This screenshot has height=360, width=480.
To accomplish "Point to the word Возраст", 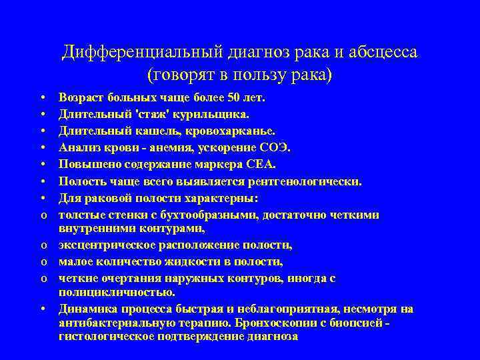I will tap(80, 98).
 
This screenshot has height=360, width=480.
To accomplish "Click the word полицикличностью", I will tap(117, 293).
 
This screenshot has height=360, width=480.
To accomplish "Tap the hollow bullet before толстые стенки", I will tap(42, 215).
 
